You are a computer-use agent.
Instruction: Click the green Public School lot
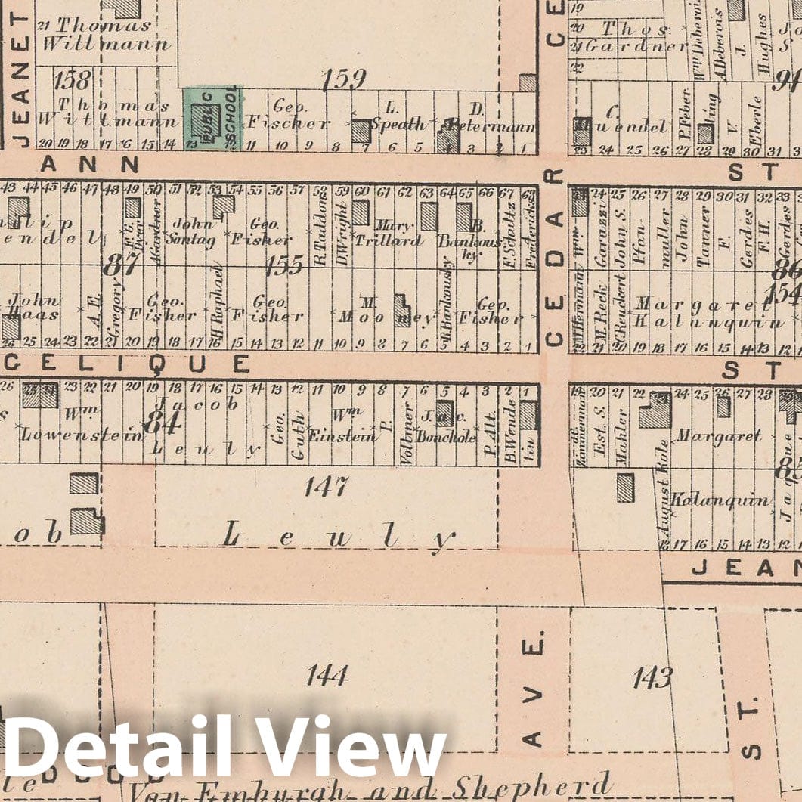[212, 118]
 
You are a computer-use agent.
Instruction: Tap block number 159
[343, 79]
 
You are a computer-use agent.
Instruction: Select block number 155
[285, 264]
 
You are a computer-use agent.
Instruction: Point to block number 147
[327, 486]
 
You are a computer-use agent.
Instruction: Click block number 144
[327, 674]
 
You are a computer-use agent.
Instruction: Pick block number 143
[652, 678]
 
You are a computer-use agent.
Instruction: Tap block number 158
[73, 79]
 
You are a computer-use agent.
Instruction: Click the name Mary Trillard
[396, 234]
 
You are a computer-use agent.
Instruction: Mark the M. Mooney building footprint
[401, 309]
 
